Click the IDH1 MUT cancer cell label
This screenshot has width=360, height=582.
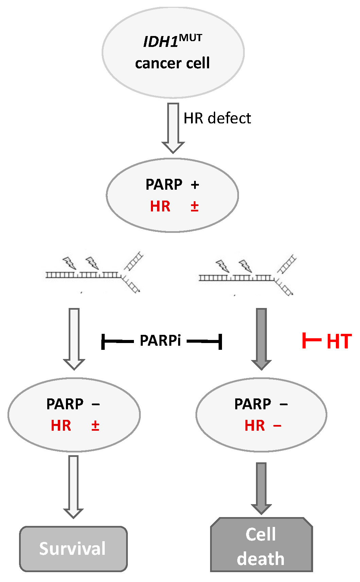pyautogui.click(x=172, y=52)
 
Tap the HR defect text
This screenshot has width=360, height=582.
pyautogui.click(x=217, y=118)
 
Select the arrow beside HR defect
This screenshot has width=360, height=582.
pyautogui.click(x=173, y=128)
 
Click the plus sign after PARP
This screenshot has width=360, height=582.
pyautogui.click(x=195, y=185)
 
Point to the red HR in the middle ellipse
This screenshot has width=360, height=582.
pyautogui.click(x=160, y=206)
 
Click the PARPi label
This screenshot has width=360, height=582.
pyautogui.click(x=160, y=340)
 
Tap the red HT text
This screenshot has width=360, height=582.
pyautogui.click(x=339, y=341)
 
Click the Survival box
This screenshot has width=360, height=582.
pyautogui.click(x=73, y=549)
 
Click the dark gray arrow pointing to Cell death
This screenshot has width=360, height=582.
pyautogui.click(x=261, y=488)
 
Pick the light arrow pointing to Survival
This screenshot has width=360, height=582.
pyautogui.click(x=73, y=486)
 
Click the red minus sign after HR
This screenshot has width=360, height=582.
pyautogui.click(x=277, y=426)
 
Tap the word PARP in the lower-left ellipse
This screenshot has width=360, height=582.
pyautogui.click(x=65, y=404)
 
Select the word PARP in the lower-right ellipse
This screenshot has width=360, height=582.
pyautogui.click(x=253, y=404)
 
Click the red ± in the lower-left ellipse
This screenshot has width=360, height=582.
pyautogui.click(x=95, y=426)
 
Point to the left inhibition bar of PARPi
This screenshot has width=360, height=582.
pyautogui.click(x=117, y=341)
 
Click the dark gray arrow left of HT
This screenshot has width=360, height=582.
pyautogui.click(x=261, y=339)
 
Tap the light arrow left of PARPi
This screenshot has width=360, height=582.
pyautogui.click(x=74, y=339)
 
